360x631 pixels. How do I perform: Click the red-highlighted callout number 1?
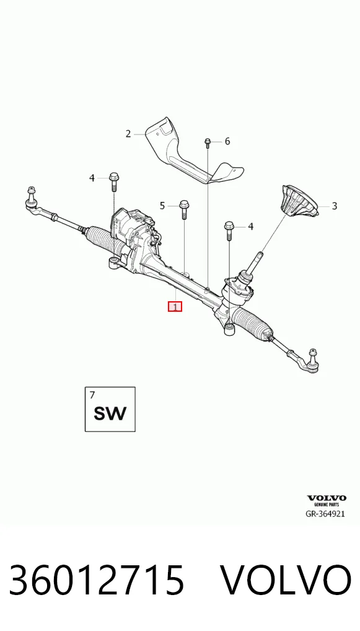175,307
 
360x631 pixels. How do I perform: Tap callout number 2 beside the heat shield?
128,134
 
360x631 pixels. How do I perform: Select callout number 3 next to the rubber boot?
334,206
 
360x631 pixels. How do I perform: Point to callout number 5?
162,206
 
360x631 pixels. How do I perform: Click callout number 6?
227,141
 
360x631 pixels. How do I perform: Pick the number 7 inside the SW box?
92,395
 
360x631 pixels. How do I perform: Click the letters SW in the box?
110,413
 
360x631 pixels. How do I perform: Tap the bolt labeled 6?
208,143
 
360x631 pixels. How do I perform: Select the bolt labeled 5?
184,210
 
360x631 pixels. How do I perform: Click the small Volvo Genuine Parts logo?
326,501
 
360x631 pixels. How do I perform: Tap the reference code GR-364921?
325,514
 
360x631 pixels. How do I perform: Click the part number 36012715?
96,580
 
